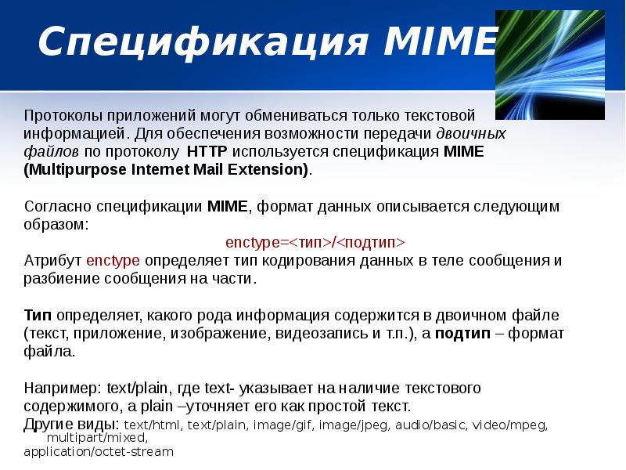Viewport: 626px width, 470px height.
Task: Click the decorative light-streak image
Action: coord(549,65)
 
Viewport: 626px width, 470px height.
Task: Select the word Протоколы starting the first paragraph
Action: coord(58,116)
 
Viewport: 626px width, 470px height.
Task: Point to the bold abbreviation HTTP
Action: coord(207,151)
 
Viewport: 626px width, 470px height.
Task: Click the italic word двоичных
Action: coord(470,133)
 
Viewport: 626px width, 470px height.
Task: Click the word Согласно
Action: coord(58,207)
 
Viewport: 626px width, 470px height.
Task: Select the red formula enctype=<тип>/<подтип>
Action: coord(315,242)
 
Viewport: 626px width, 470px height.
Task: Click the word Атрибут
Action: coord(53,261)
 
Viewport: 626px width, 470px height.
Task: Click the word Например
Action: coord(59,388)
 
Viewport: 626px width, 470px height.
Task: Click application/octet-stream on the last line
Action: coord(98,452)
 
